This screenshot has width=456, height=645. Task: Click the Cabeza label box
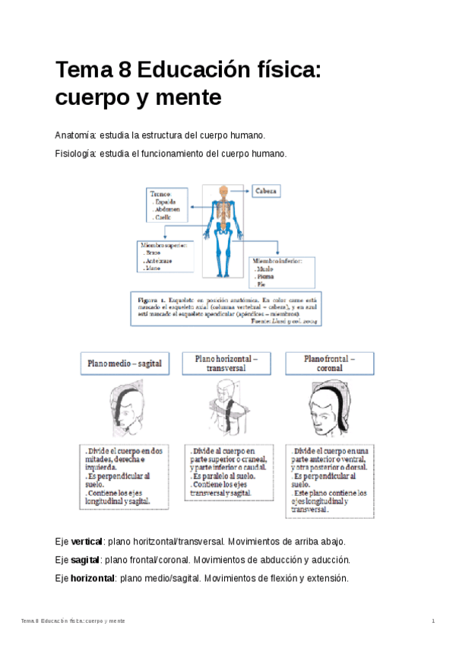267,191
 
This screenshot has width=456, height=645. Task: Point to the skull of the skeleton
223,191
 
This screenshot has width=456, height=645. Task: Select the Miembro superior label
166,246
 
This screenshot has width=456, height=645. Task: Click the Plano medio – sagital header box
123,364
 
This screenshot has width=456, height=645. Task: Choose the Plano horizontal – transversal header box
226,363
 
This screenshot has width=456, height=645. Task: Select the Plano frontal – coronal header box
329,363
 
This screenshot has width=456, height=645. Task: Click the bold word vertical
86,542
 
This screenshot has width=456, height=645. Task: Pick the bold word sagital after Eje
84,560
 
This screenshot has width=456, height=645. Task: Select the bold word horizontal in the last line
92,578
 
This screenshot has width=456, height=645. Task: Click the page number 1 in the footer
433,621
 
